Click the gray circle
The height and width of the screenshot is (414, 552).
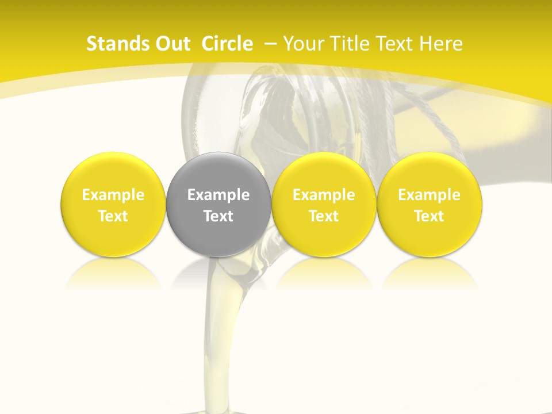[218, 204]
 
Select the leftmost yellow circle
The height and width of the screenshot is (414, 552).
[113, 204]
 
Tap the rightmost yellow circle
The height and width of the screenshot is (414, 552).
[429, 204]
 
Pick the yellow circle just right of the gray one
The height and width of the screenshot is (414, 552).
[324, 204]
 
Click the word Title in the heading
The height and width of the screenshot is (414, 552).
[346, 44]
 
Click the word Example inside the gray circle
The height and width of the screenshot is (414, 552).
[218, 195]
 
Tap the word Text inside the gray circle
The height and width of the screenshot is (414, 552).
[218, 216]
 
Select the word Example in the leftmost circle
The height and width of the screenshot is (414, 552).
[113, 195]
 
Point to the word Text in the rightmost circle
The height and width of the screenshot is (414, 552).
[429, 216]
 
